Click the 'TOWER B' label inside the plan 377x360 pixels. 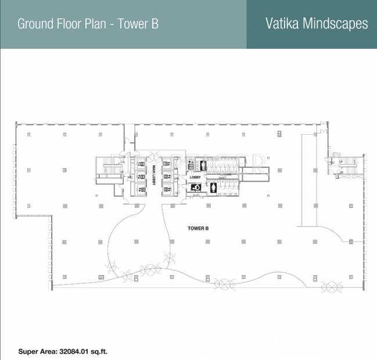198,229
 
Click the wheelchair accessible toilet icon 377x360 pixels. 196,187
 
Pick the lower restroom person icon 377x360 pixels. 214,187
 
